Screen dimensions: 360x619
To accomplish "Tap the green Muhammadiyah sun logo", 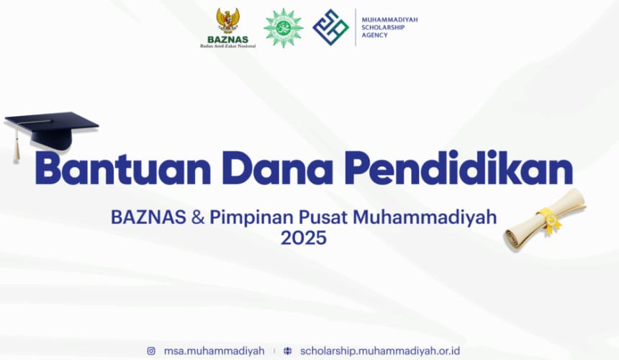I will pos(283,27).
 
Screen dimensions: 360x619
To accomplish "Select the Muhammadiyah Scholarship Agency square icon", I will pos(330,27).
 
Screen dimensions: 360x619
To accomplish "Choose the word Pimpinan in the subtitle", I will pos(243,217).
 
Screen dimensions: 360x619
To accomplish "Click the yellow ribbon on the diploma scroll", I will pos(549,220).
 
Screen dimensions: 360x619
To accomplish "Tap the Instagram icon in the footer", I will pos(151,351).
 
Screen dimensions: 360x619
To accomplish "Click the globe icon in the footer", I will pos(288,351).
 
